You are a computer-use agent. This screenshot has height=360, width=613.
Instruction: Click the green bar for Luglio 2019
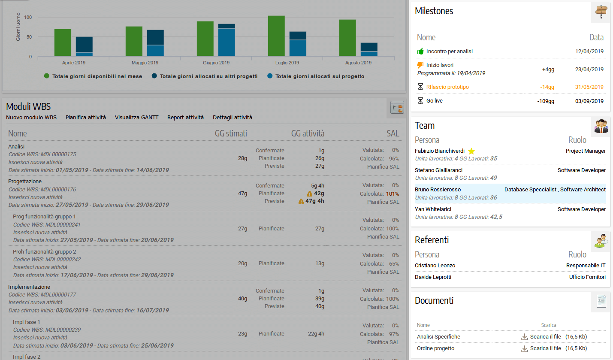point(276,36)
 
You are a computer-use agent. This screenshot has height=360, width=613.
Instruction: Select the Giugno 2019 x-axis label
point(216,63)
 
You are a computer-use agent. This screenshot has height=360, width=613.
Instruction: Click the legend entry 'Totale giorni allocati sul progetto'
point(320,76)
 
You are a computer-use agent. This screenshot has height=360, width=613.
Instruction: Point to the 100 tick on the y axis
point(28,17)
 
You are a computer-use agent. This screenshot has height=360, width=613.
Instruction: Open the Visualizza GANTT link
point(136,117)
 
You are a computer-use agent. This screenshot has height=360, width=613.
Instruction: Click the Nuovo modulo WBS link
point(31,117)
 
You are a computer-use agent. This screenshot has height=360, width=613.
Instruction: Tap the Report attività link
point(185,117)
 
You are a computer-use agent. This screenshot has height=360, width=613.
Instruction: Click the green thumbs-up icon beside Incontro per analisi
point(420,51)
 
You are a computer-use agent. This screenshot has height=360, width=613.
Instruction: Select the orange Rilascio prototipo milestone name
point(447,87)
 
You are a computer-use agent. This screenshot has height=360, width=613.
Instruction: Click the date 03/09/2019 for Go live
point(589,101)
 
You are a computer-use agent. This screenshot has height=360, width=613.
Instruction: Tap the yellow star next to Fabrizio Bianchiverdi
point(471,151)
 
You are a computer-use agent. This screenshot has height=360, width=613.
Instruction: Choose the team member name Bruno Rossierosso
point(438,189)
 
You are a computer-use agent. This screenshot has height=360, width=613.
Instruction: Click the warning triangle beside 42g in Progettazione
point(309,194)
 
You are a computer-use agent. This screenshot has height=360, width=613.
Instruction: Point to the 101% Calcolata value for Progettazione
point(393,194)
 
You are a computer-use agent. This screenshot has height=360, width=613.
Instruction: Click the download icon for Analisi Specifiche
point(524,337)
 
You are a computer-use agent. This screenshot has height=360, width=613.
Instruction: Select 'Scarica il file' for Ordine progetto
point(545,348)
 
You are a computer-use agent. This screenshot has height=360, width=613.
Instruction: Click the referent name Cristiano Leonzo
point(435,266)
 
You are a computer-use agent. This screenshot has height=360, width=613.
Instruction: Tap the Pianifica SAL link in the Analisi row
point(383,166)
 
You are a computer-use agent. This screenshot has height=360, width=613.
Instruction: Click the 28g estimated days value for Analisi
point(242,158)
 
